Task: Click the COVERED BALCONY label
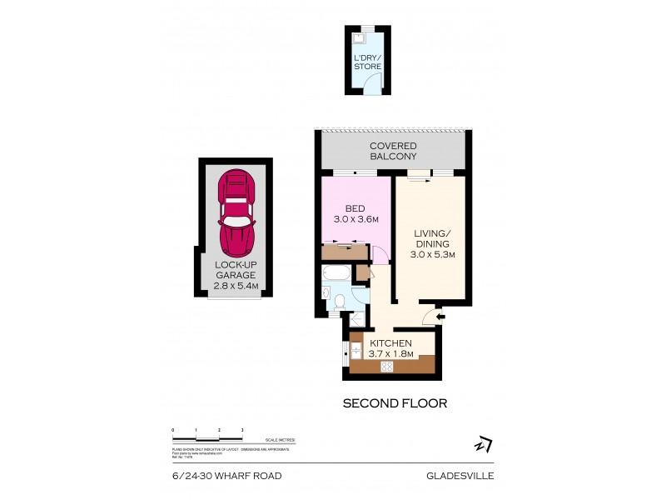coord(394,151)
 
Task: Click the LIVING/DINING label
coord(432,237)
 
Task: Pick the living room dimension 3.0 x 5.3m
coord(432,255)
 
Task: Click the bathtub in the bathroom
coord(338,273)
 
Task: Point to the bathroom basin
coord(326,292)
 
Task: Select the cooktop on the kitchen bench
coord(387,366)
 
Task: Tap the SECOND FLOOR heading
coord(395,403)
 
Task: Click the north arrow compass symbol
coord(483,445)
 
